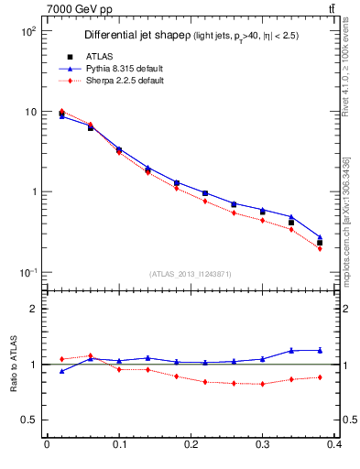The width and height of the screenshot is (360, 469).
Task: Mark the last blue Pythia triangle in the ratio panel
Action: point(320,350)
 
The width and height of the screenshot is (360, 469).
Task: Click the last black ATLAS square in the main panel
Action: point(320,243)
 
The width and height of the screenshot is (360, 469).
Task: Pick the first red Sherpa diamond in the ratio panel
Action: point(61,359)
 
